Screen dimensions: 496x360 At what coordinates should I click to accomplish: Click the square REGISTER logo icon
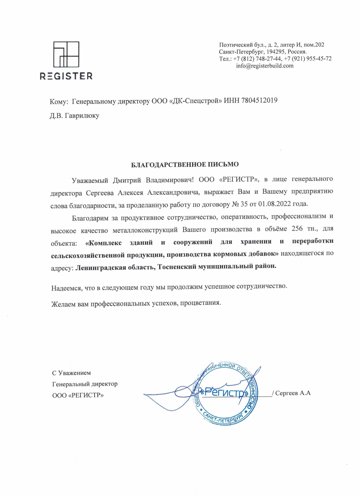[x=66, y=55]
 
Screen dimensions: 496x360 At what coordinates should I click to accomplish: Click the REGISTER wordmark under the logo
[x=66, y=76]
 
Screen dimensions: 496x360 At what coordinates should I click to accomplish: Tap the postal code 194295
[x=276, y=52]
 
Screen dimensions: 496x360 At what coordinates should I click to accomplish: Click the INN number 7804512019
[x=259, y=100]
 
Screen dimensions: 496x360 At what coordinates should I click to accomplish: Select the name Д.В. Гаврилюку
[x=75, y=115]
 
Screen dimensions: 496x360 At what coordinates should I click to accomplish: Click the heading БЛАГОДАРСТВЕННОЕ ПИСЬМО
[x=185, y=165]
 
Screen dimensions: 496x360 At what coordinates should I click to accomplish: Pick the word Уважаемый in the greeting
[x=90, y=180]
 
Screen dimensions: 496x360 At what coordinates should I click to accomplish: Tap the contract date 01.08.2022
[x=274, y=204]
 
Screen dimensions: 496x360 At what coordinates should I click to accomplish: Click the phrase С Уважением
[x=71, y=373]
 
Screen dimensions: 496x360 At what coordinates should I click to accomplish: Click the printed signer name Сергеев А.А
[x=293, y=393]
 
